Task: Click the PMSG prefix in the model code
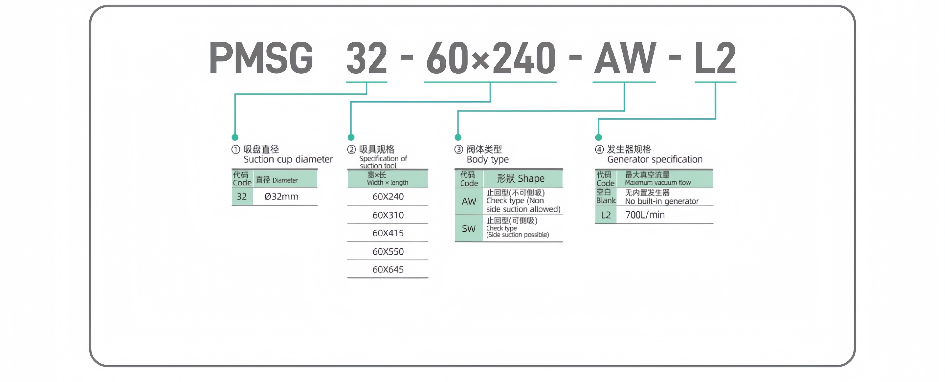click(x=261, y=58)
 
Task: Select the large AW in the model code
click(x=625, y=58)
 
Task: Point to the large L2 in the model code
click(x=715, y=58)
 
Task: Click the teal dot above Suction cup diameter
click(x=235, y=137)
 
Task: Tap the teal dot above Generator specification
click(x=598, y=137)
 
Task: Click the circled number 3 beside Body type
click(x=458, y=149)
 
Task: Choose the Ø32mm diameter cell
click(x=281, y=197)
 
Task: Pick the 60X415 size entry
click(x=388, y=233)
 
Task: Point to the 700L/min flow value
click(x=645, y=215)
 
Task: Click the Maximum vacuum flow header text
click(x=658, y=182)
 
